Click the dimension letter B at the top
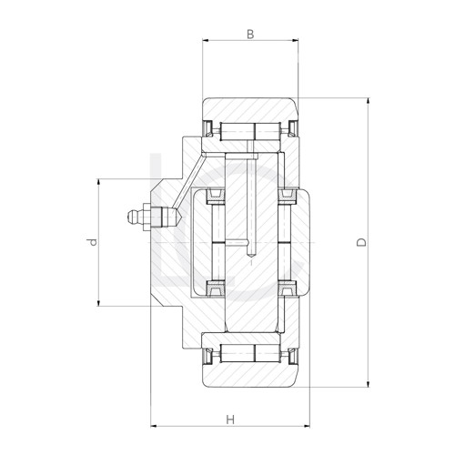(x=250, y=35)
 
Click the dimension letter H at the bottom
(x=230, y=420)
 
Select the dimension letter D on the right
(x=361, y=242)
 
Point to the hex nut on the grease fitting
(x=147, y=217)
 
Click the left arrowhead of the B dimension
(x=206, y=40)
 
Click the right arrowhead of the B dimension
(x=295, y=40)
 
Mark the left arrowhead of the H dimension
(x=155, y=426)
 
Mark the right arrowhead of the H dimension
(x=306, y=426)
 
